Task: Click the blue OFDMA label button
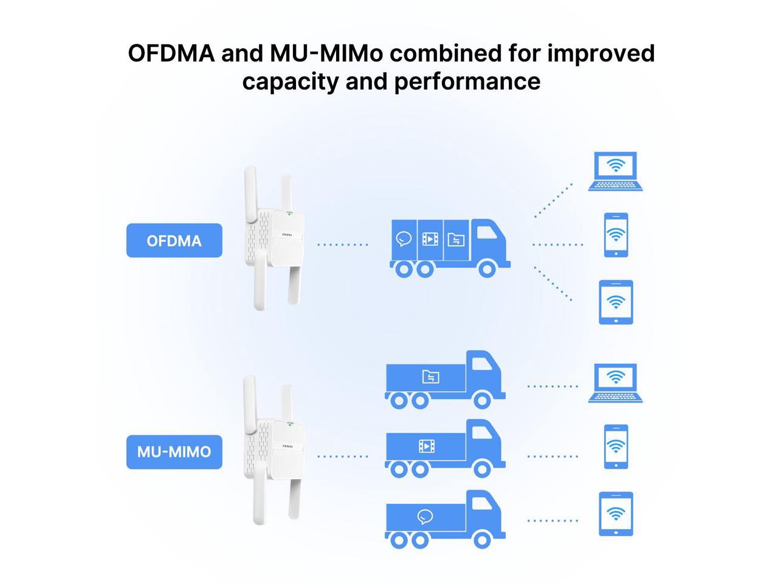point(174,240)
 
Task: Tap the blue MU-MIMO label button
point(174,452)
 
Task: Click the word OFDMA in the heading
point(171,54)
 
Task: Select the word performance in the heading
point(467,81)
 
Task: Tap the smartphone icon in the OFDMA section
point(616,235)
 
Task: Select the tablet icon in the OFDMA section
point(616,302)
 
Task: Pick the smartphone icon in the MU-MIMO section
point(616,447)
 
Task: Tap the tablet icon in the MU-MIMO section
point(616,513)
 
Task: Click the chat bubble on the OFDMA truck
point(404,239)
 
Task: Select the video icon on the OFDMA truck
point(430,239)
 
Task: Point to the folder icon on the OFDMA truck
point(456,239)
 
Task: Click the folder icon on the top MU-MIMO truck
point(430,377)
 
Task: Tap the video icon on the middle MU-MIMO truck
point(427,447)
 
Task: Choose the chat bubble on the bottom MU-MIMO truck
point(425,518)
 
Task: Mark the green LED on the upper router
point(289,214)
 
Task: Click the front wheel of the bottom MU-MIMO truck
point(482,539)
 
